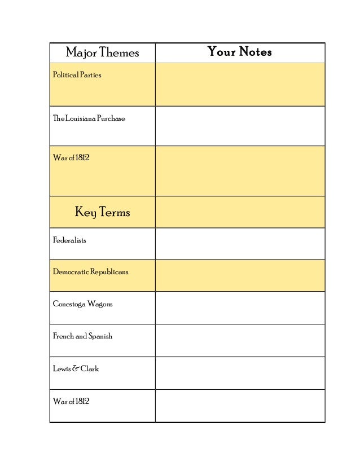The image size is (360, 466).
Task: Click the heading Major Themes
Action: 102,53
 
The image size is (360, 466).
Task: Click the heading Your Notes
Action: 240,52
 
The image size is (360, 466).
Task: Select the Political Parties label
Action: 77,75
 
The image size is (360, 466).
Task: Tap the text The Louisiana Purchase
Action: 89,119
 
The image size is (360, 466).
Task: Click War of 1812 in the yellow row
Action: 71,158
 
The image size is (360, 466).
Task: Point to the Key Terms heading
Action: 102,213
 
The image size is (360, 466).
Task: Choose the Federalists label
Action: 69,240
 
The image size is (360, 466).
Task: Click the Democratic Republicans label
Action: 90,272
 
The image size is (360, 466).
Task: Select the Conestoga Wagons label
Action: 82,304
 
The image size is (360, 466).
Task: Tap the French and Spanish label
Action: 82,336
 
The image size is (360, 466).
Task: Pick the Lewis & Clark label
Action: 76,369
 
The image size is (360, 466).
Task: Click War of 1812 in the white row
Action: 71,402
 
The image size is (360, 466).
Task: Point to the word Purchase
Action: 111,119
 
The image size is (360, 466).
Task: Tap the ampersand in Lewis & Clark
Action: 76,369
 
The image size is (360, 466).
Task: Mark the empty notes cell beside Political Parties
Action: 240,85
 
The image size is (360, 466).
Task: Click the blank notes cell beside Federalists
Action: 240,244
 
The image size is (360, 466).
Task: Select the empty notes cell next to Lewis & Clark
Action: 240,373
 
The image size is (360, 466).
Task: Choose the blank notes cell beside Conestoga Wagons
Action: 240,308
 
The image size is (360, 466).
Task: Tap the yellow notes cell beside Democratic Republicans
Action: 240,276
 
